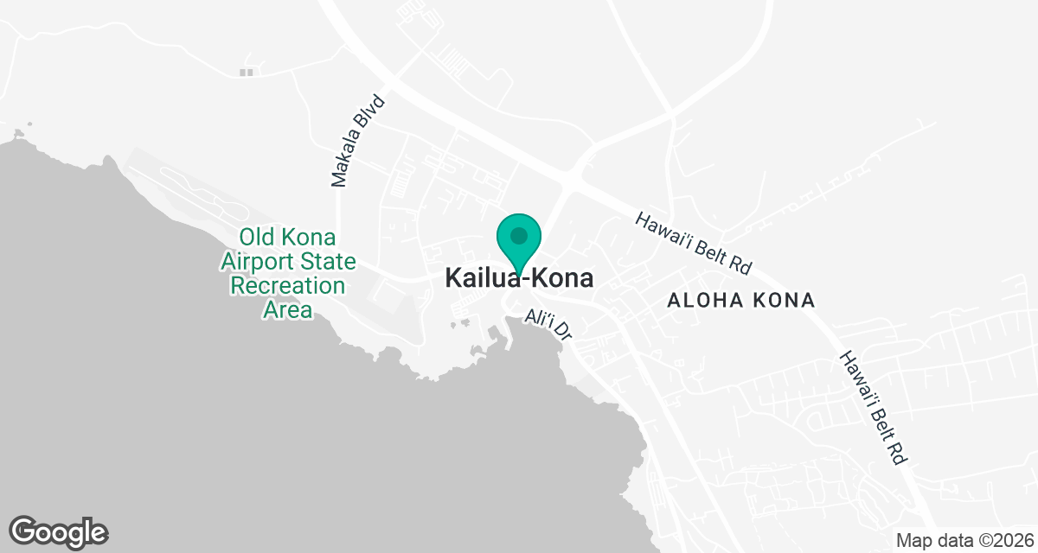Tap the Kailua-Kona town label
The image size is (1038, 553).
[x=519, y=278]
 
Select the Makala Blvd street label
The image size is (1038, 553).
[x=357, y=141]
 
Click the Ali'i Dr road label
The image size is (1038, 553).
[x=549, y=326]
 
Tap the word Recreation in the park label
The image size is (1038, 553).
[x=287, y=285]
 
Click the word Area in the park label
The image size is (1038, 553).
[x=287, y=309]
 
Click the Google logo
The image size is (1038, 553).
[x=58, y=531]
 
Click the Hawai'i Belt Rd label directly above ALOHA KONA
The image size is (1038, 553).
[x=695, y=245]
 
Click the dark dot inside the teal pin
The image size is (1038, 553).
[x=519, y=235]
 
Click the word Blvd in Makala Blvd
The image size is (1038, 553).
[x=371, y=112]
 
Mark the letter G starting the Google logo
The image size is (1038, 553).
[x=26, y=531]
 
